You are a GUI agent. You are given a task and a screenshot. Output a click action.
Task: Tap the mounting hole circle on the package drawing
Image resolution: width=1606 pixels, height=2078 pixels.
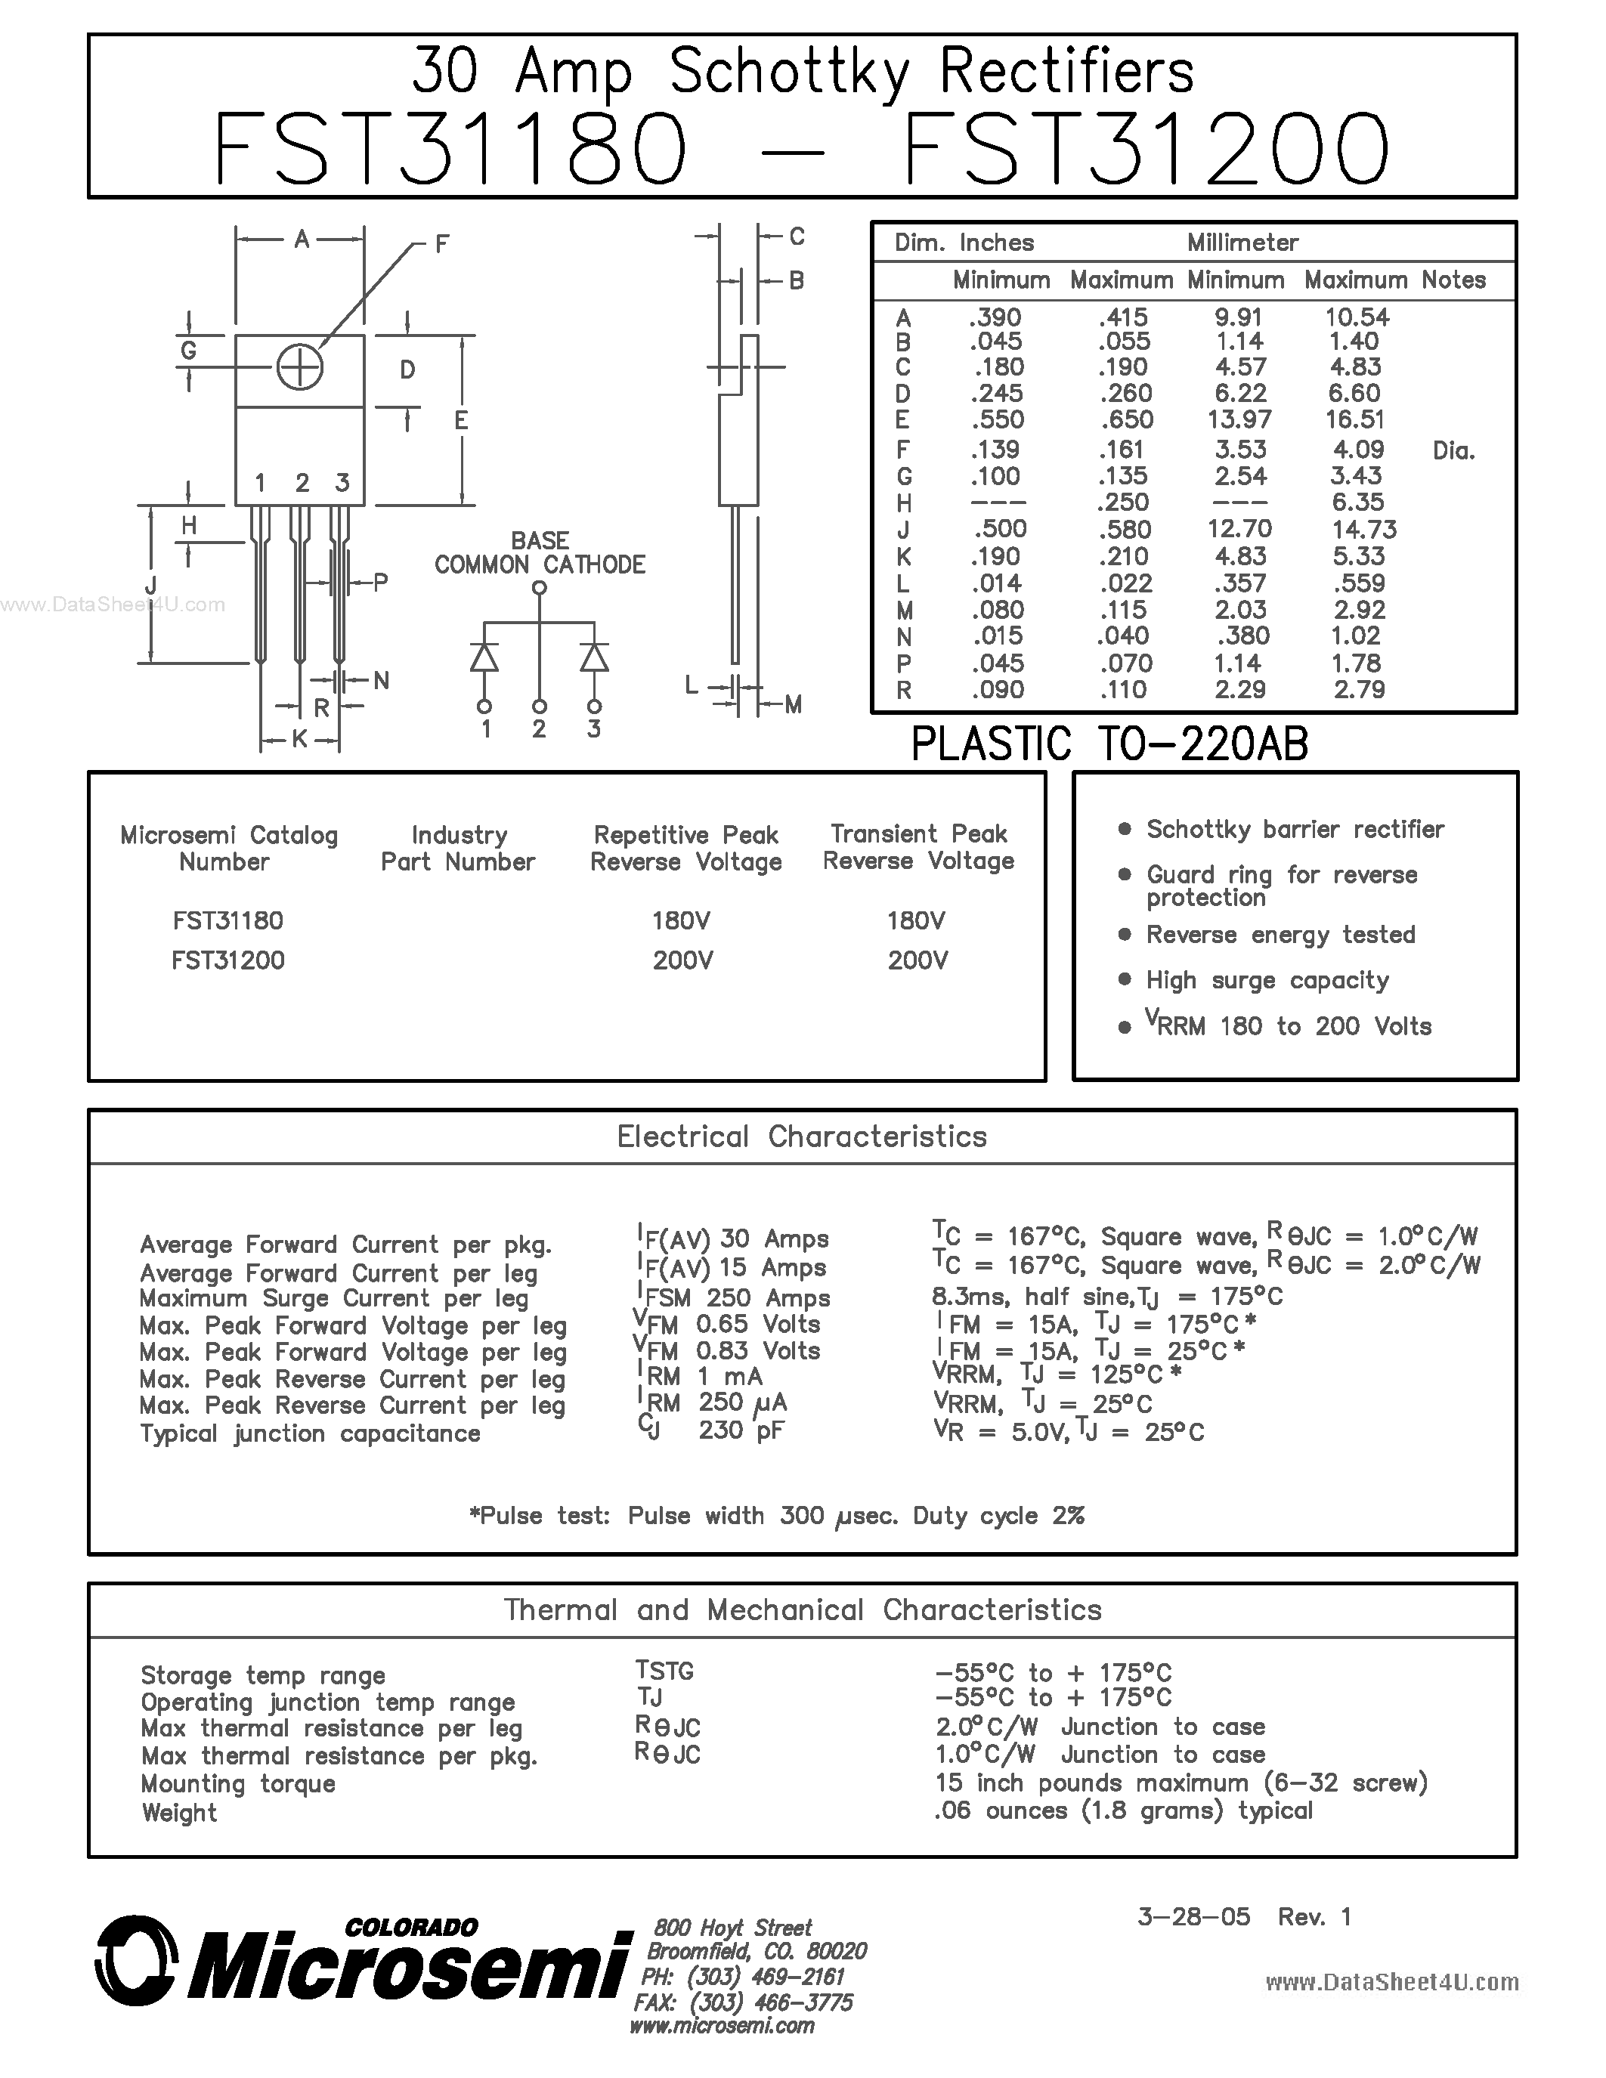click(x=300, y=368)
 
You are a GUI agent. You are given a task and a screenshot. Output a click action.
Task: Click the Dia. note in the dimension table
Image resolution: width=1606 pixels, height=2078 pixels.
click(x=1453, y=451)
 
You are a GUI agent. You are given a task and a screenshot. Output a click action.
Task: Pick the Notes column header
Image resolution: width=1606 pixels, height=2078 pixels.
click(x=1453, y=280)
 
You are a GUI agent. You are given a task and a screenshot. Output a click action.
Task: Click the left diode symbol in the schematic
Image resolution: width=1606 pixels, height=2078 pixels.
click(x=484, y=657)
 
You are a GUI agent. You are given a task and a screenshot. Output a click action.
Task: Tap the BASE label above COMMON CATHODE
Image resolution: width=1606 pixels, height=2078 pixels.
click(x=540, y=540)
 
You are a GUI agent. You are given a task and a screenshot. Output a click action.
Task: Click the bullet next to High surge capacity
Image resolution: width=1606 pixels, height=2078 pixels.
click(x=1125, y=979)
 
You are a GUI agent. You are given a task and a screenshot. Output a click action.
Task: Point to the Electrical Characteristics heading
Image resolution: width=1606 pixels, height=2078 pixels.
click(x=802, y=1136)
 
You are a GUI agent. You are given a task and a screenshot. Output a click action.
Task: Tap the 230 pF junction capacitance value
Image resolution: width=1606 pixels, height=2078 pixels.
click(x=741, y=1430)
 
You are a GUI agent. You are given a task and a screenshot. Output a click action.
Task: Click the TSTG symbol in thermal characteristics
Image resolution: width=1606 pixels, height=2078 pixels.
click(x=664, y=1671)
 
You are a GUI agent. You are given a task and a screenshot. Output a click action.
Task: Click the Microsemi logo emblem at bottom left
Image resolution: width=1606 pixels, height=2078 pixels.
click(x=137, y=1960)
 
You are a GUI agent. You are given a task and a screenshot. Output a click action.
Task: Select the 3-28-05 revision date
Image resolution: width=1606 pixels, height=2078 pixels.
click(x=1193, y=1916)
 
